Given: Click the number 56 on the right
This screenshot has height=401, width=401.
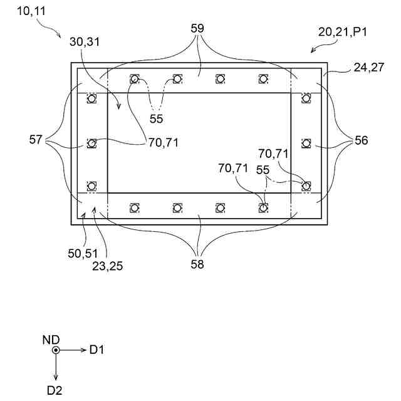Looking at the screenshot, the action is tap(361, 140).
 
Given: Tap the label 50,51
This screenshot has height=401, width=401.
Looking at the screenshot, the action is tap(81, 253).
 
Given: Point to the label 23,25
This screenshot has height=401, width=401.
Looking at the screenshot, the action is tap(108, 266).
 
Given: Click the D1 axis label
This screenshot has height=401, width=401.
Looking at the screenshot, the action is tap(96, 350).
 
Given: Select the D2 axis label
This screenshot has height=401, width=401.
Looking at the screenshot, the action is tap(56, 390).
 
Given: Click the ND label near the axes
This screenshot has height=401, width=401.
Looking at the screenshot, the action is tap(51, 339).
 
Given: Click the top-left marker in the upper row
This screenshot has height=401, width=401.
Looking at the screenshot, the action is tap(134, 79).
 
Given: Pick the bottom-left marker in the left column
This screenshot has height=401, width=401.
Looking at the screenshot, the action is tap(92, 185).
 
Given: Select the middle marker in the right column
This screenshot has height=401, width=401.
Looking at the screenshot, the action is tap(306, 143).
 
